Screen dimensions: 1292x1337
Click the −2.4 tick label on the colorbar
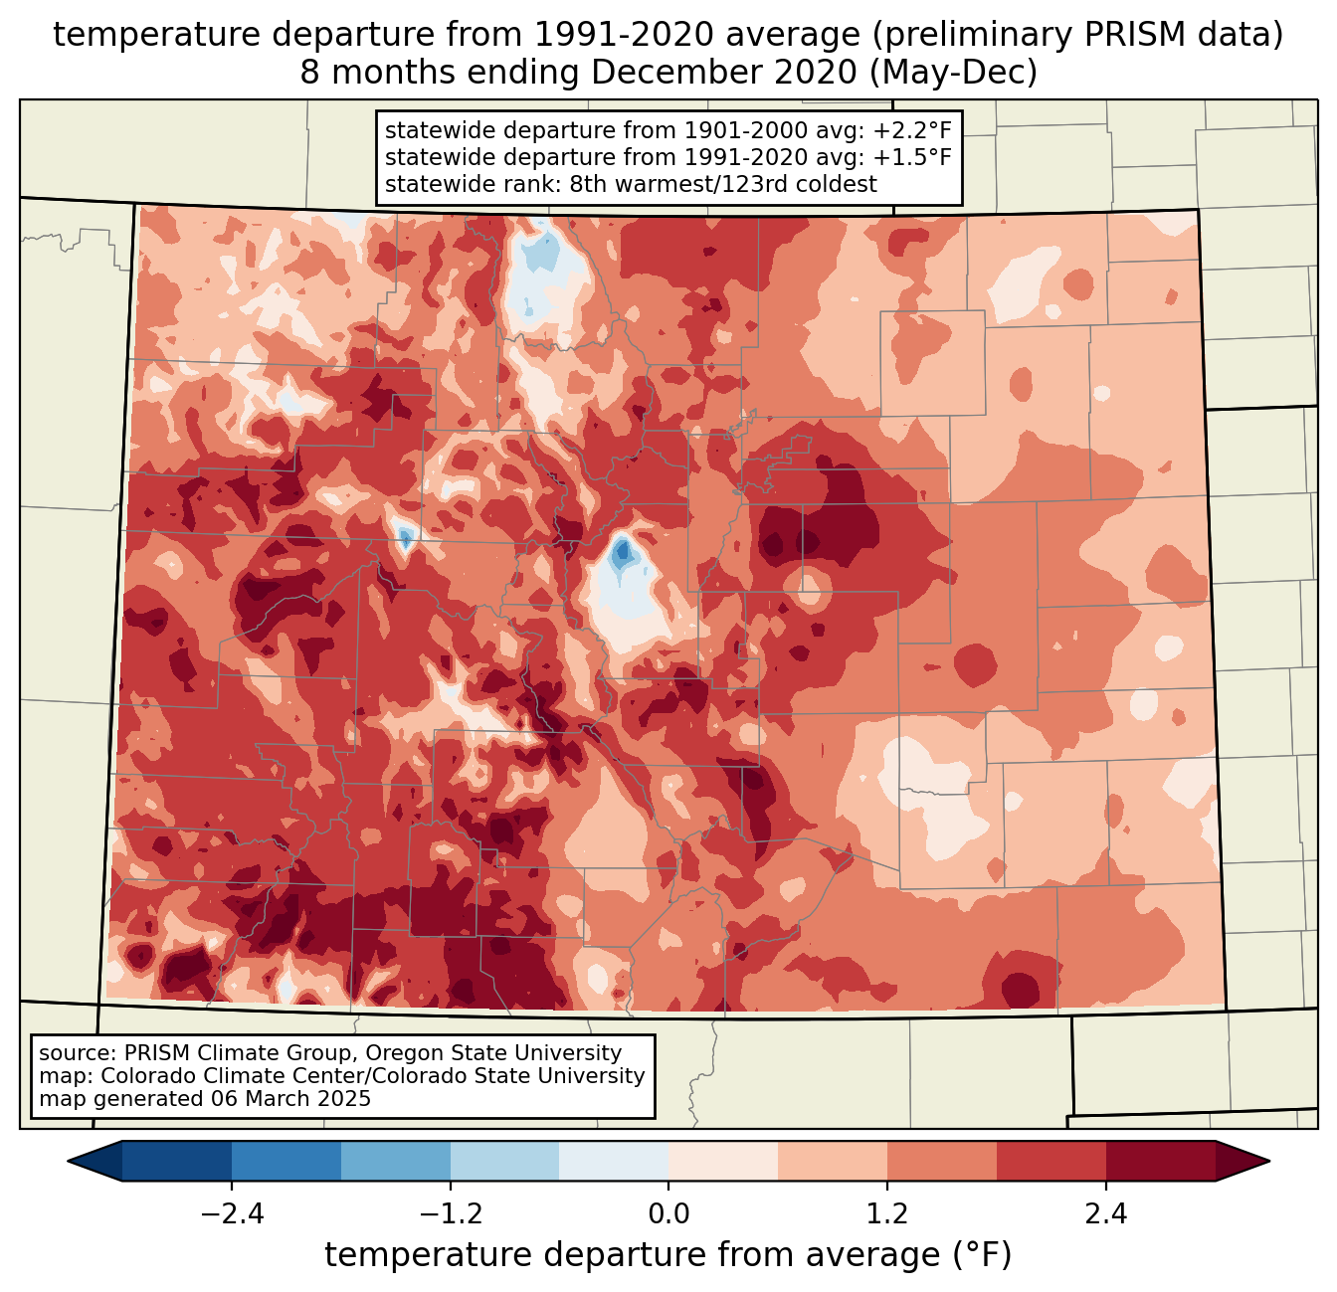click(x=232, y=1214)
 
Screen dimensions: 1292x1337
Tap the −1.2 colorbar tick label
click(x=450, y=1214)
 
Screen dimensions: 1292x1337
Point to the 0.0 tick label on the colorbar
click(x=668, y=1214)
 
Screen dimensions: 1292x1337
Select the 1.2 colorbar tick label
click(x=887, y=1214)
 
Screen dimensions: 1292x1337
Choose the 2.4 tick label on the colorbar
click(x=1105, y=1214)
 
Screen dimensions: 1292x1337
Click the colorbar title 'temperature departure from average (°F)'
click(x=668, y=1255)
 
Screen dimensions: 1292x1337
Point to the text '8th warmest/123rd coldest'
click(x=723, y=184)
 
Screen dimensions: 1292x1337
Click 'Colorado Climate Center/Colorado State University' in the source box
click(x=373, y=1076)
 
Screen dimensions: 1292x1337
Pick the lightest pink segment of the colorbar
click(x=723, y=1161)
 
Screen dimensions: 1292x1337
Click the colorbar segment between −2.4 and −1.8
click(x=286, y=1161)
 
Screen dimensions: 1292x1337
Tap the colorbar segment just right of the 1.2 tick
click(x=942, y=1161)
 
